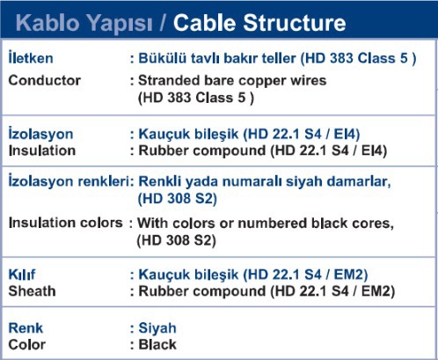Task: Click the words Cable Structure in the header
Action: tap(259, 23)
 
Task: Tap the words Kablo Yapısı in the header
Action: tap(84, 24)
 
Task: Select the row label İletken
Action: tap(31, 57)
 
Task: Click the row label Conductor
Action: tap(45, 80)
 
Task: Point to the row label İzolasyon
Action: tap(40, 134)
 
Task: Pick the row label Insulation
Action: tap(42, 151)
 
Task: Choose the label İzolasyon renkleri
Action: tap(69, 180)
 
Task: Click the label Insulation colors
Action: tap(66, 223)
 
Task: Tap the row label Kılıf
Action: tap(22, 275)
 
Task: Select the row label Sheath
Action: tap(33, 291)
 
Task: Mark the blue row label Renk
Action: tap(26, 327)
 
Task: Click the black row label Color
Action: tap(27, 344)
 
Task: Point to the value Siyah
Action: tap(157, 328)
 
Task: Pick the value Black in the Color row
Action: tap(157, 344)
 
